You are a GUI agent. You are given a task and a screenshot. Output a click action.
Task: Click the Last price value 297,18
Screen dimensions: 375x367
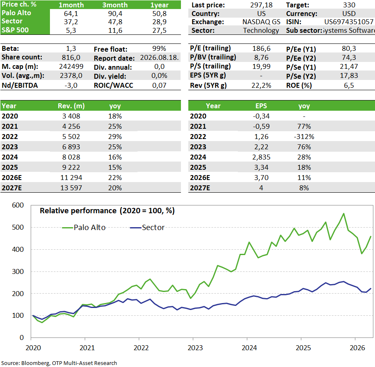click(x=261, y=5)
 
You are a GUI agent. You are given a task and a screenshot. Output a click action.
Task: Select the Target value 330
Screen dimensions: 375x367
click(x=349, y=5)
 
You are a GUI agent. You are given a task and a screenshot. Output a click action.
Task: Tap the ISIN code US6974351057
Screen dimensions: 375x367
click(x=349, y=22)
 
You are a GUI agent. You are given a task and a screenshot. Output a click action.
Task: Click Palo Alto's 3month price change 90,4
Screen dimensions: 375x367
click(x=115, y=14)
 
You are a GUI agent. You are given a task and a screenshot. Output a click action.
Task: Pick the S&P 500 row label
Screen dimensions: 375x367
click(x=15, y=30)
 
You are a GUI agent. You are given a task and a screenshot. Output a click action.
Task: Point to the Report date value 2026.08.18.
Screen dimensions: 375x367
click(x=159, y=57)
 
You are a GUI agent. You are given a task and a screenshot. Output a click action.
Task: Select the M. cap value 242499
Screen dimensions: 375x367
click(x=71, y=66)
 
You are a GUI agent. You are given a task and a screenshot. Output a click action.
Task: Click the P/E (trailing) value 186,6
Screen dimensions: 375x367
click(x=261, y=49)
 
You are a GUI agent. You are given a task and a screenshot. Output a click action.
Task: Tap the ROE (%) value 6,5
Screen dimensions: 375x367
click(x=349, y=86)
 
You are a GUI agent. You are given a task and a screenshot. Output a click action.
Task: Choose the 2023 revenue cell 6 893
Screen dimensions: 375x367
click(x=71, y=147)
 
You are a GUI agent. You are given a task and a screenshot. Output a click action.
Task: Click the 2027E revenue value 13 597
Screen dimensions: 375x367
click(x=71, y=188)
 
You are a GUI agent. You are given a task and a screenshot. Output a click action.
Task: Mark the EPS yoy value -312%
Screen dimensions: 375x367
click(x=304, y=137)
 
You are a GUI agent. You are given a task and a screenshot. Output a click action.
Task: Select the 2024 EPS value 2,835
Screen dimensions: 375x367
click(x=261, y=157)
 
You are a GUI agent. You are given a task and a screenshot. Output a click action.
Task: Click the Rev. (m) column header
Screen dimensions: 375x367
click(x=71, y=106)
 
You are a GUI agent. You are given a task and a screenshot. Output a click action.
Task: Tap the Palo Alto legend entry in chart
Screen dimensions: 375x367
click(x=84, y=227)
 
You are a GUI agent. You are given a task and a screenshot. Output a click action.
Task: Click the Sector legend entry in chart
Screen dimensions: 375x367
click(x=147, y=227)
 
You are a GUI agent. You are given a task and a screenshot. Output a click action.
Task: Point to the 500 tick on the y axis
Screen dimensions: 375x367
click(x=18, y=227)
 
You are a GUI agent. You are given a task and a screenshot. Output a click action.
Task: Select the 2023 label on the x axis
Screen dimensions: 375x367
click(x=195, y=348)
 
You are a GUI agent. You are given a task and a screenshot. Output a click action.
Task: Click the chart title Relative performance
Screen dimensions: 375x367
click(x=78, y=211)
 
